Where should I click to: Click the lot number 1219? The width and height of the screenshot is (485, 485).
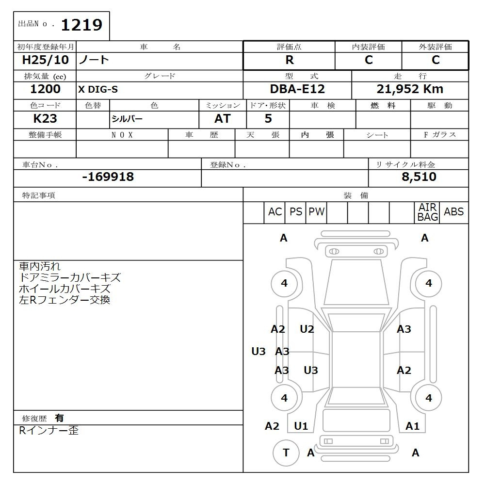point(81,25)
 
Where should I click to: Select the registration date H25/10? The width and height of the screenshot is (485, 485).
point(45,60)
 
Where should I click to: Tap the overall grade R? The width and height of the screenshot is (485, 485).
point(290,60)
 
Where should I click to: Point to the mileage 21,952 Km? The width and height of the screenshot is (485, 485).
point(410,89)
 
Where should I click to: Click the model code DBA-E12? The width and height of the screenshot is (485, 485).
point(297,89)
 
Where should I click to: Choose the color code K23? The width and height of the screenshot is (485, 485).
point(45,118)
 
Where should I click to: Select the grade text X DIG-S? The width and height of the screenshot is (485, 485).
point(98,89)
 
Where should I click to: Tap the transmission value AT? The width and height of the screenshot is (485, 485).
point(223,118)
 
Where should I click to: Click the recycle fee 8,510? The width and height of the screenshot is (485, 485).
point(419,177)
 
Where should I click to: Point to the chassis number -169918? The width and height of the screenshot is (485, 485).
point(108,177)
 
